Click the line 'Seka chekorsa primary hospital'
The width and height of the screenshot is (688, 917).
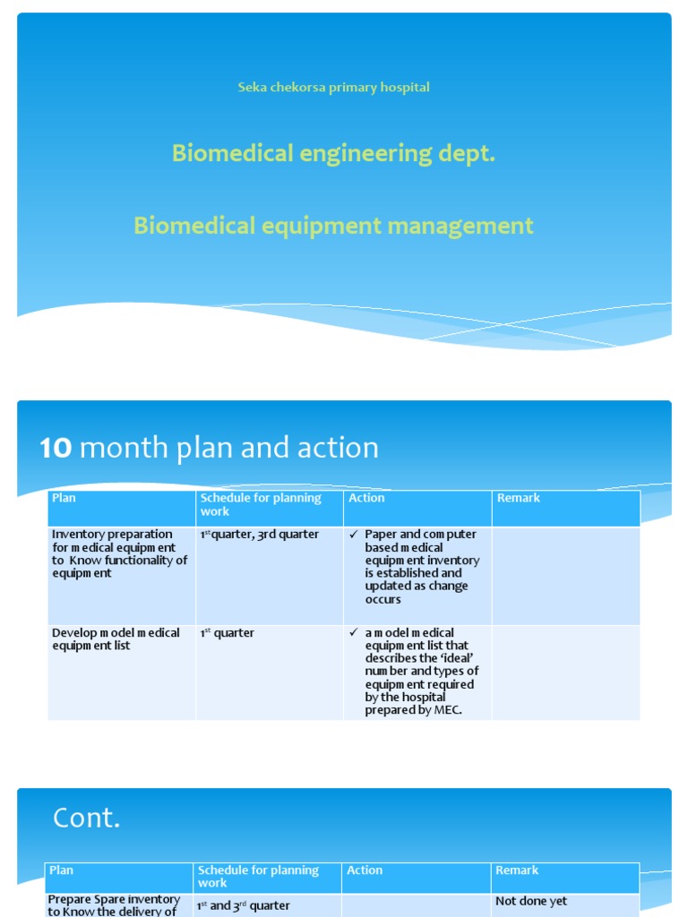(333, 88)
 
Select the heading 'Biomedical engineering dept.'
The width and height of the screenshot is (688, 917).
(333, 154)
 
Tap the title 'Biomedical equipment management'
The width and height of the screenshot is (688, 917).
(333, 226)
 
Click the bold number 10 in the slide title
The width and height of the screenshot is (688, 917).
(56, 448)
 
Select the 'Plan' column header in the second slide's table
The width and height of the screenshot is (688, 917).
(64, 499)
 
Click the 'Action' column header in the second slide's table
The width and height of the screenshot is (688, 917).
(366, 499)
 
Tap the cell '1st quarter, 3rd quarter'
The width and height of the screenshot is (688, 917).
(259, 535)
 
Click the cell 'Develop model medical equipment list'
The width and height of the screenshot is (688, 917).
(116, 639)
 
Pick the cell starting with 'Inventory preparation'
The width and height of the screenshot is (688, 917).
(119, 553)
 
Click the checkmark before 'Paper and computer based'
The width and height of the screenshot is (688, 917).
(354, 535)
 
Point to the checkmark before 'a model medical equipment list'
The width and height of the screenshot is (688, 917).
(354, 633)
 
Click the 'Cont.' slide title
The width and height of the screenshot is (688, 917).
(86, 818)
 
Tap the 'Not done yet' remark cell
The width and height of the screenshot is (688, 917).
(531, 902)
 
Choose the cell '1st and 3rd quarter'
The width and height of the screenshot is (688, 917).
(244, 905)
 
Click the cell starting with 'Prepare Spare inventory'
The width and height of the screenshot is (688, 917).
(114, 904)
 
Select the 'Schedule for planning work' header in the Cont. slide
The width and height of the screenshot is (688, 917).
(258, 877)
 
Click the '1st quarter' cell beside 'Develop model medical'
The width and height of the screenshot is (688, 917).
(228, 633)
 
